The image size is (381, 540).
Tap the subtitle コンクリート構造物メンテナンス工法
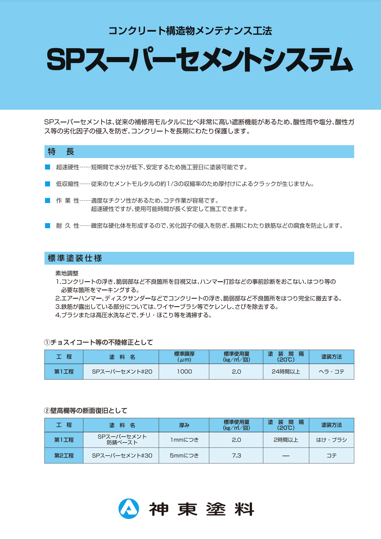(190, 31)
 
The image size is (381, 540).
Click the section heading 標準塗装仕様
(75, 258)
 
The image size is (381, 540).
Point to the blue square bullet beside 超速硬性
(48, 167)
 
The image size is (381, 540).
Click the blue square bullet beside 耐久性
(48, 226)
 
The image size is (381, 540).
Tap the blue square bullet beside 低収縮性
(48, 184)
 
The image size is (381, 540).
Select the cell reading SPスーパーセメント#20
(122, 372)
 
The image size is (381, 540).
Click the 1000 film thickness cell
(184, 372)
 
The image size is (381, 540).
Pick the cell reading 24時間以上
(286, 372)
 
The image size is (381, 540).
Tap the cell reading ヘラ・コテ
(331, 372)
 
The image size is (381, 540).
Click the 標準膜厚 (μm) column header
(184, 357)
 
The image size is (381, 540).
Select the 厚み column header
(184, 425)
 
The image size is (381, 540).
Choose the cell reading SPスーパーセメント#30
(122, 456)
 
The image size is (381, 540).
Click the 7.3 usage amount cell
(236, 456)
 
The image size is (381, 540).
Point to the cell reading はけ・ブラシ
(331, 440)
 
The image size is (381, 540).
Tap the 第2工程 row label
(64, 456)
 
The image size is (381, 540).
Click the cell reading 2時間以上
(286, 440)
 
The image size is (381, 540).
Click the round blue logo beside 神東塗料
(129, 509)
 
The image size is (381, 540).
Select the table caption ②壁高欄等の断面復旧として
(85, 411)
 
